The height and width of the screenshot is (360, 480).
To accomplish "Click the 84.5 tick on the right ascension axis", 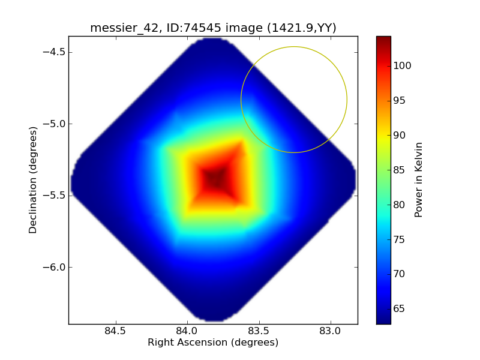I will pyautogui.click(x=115, y=331).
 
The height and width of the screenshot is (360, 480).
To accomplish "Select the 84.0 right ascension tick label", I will pyautogui.click(x=187, y=331).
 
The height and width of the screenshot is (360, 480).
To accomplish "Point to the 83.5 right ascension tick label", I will pyautogui.click(x=259, y=331).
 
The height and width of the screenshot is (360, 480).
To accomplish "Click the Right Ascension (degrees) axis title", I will pyautogui.click(x=213, y=343).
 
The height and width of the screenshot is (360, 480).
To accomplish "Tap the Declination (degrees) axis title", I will pyautogui.click(x=33, y=180).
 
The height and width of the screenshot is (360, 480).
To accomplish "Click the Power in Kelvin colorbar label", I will pyautogui.click(x=419, y=180).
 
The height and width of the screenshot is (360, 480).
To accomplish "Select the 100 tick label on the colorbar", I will pyautogui.click(x=402, y=66).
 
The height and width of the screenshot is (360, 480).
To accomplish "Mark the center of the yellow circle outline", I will pyautogui.click(x=294, y=100).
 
